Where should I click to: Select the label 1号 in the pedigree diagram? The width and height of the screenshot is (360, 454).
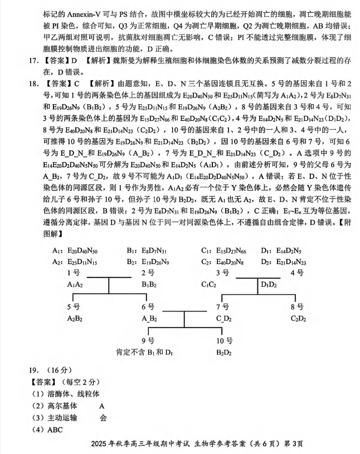72,273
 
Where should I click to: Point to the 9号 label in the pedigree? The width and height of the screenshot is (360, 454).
148,340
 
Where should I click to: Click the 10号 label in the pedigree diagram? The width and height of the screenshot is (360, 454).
225,340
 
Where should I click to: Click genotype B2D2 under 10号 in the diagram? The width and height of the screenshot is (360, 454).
224,353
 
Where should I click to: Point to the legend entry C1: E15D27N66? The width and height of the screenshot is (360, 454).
224,251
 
